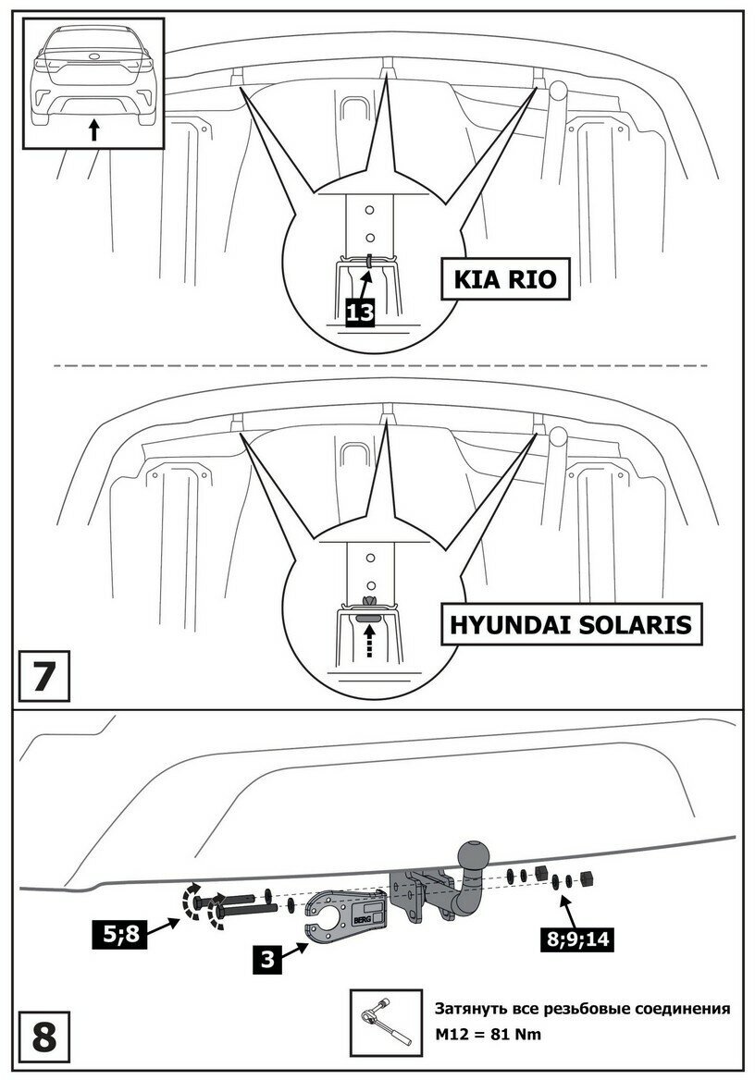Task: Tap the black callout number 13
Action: [x=360, y=313]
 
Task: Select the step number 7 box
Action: [x=43, y=678]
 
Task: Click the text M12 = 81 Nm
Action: [x=488, y=1034]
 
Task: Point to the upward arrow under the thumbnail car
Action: [x=93, y=129]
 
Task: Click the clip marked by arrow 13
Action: [x=368, y=263]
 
